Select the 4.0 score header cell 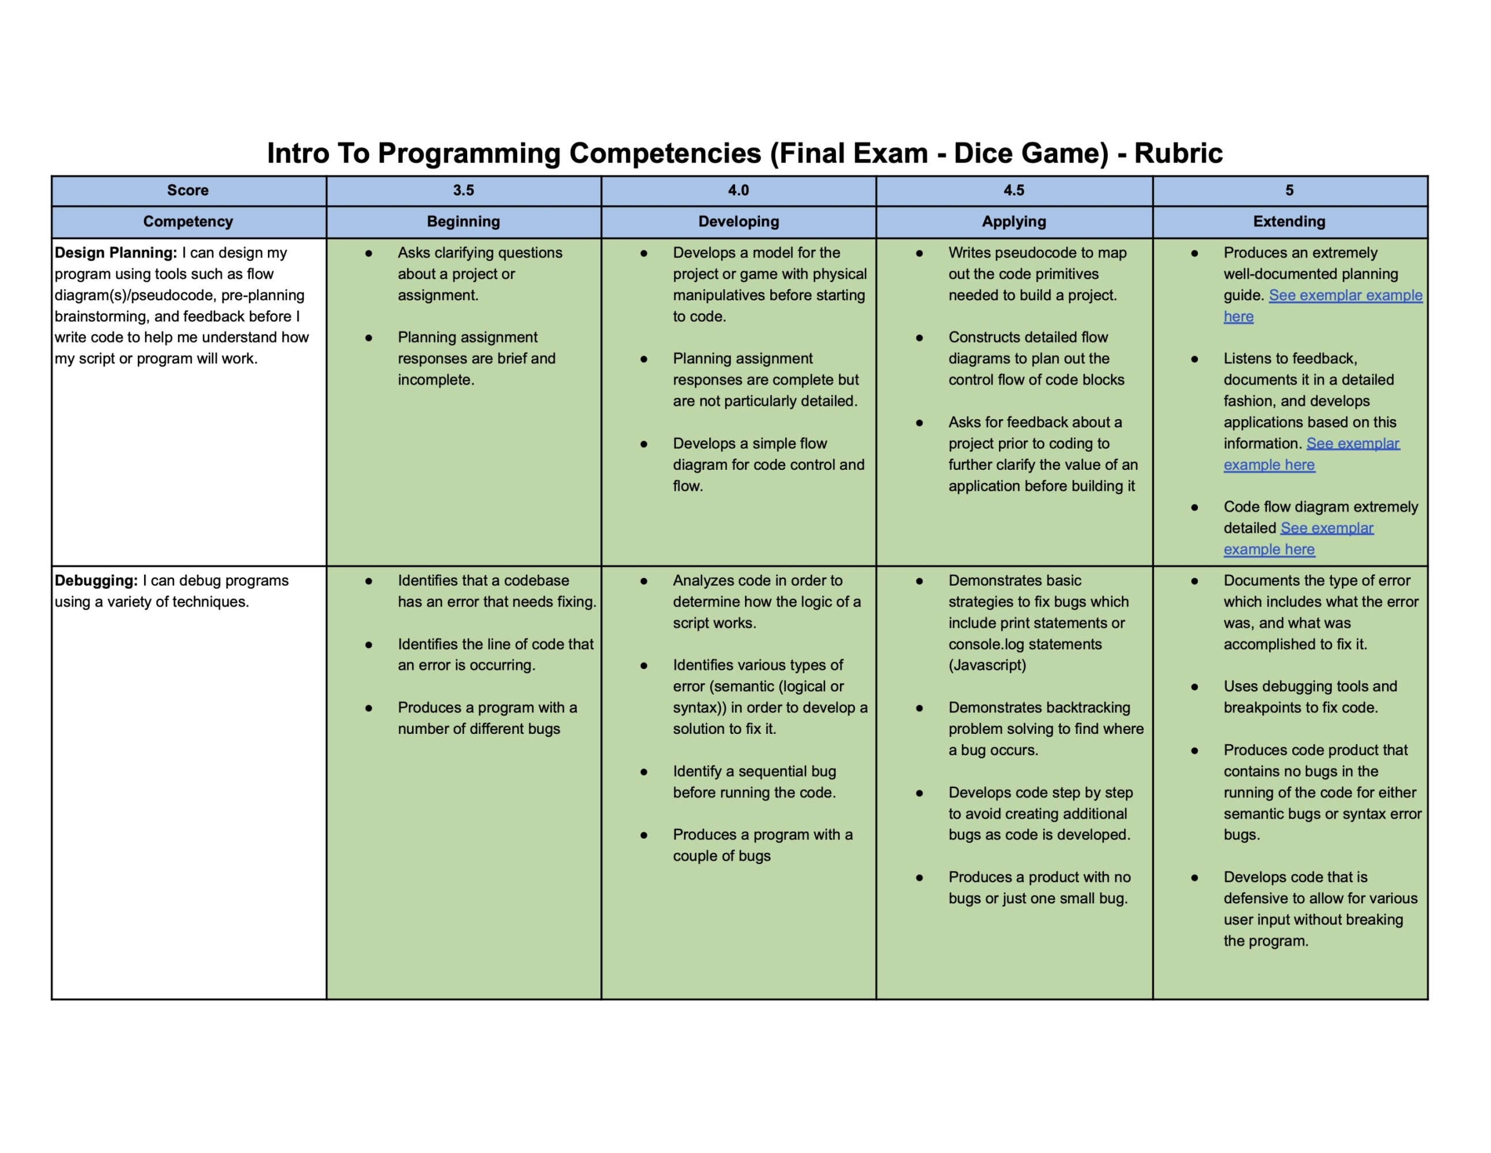(738, 191)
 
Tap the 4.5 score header (1014, 191)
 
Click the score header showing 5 (1289, 191)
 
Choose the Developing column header (738, 221)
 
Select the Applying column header (1014, 221)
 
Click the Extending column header (1289, 221)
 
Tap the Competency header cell (188, 221)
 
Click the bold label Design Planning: (115, 253)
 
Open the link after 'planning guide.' (1345, 296)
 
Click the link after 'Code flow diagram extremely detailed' (1326, 529)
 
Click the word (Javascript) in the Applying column (986, 665)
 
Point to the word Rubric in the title (1178, 153)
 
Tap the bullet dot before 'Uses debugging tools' (1195, 687)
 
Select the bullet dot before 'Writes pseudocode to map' (919, 254)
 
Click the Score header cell (188, 191)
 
